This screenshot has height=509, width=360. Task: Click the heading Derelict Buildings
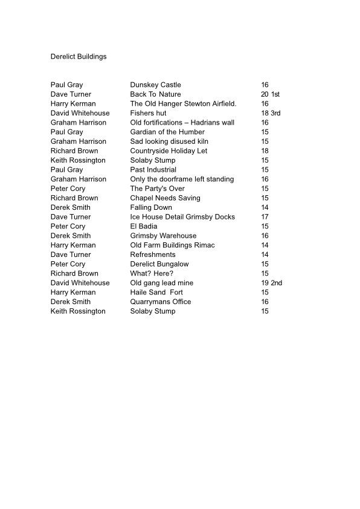pos(79,57)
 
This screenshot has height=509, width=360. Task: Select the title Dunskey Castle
pos(155,85)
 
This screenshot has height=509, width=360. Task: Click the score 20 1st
pos(270,94)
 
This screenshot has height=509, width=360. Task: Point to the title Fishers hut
pos(148,113)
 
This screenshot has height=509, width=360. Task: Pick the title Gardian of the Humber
pos(167,132)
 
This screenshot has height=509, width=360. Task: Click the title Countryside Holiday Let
pos(169,151)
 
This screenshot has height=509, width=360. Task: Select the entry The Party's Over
pos(157,189)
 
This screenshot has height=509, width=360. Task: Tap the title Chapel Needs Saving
pos(165,198)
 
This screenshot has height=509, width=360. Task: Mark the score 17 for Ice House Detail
pos(265,216)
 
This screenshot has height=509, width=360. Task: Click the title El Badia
pos(144,226)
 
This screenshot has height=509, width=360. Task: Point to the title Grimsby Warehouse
pos(163,236)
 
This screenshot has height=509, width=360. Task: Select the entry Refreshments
pos(153,254)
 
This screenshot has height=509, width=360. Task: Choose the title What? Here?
pos(152,273)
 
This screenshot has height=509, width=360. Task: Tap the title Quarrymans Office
pos(161,302)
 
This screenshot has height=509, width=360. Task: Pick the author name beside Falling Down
pos(71,207)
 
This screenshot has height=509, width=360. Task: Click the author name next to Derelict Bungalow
pos(68,264)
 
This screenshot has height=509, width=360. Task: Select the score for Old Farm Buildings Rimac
pos(265,245)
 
